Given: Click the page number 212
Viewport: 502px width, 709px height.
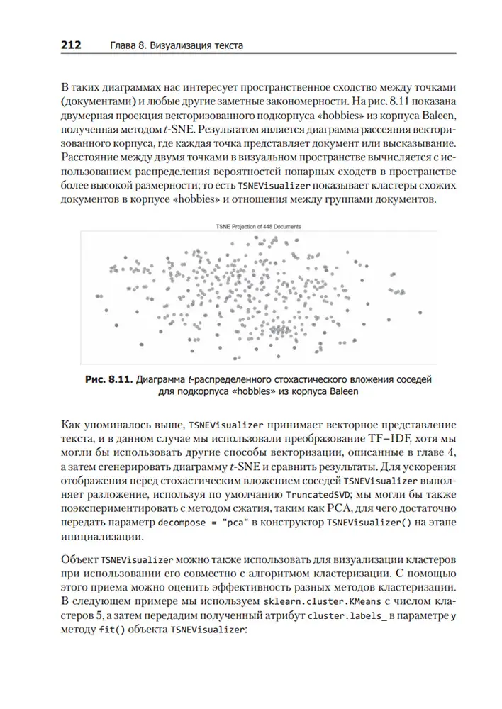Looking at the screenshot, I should [x=71, y=45].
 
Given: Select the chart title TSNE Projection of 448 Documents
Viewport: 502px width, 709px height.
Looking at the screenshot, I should [x=258, y=226].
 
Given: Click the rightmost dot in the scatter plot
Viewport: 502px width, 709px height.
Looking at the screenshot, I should [x=420, y=311].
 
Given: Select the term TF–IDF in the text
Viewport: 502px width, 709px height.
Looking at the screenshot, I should [x=388, y=440].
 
